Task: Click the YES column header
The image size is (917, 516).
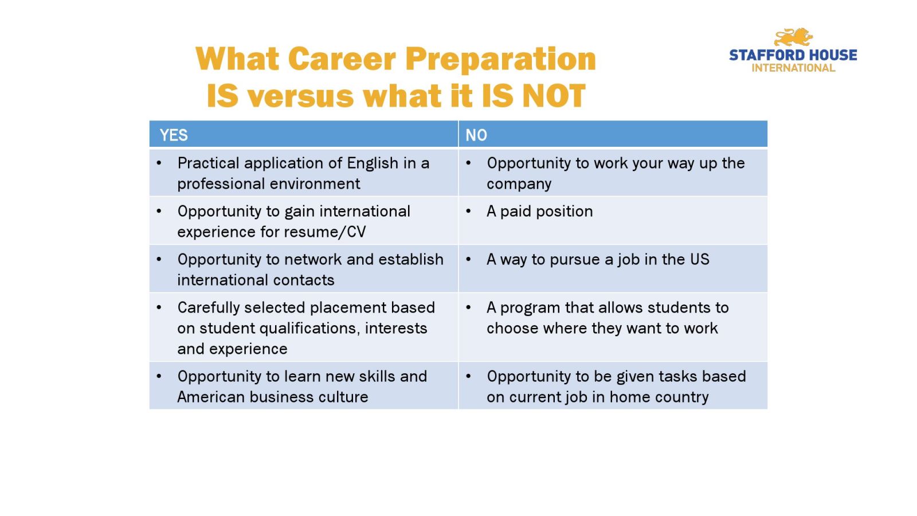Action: (174, 135)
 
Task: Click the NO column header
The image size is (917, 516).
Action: (476, 135)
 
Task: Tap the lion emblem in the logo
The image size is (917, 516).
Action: (793, 37)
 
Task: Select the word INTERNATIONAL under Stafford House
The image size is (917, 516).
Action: (793, 68)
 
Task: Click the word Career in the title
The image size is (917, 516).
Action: (342, 59)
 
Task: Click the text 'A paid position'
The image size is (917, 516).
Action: (539, 212)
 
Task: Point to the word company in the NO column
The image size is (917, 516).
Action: (519, 184)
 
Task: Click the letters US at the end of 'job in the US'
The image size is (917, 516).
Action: (700, 260)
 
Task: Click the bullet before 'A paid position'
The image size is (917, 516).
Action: (468, 212)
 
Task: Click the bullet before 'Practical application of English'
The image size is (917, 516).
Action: (159, 163)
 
